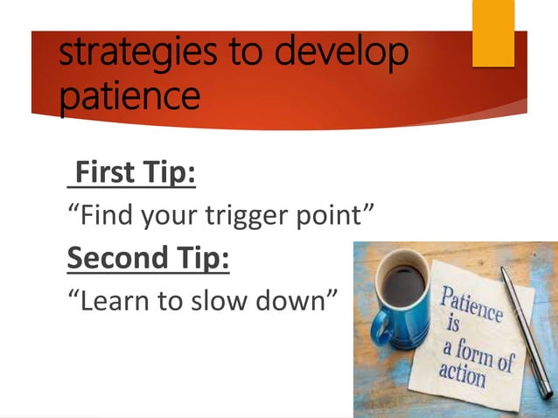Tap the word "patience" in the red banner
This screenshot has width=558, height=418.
(x=130, y=96)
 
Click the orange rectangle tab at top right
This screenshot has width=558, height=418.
(x=493, y=32)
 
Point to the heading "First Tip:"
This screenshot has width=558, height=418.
(x=133, y=173)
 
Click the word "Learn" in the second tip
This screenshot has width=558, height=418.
(x=110, y=300)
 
